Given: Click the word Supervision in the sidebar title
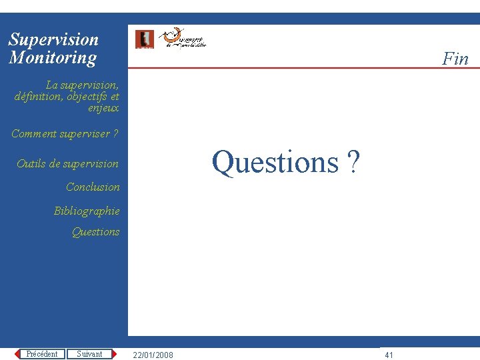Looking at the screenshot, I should [53, 40].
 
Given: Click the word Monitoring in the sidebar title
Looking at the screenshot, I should [53, 58].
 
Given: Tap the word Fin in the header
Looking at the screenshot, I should [455, 59].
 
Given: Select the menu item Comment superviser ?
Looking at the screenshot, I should [65, 134].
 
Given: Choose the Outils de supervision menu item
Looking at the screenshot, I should [67, 164].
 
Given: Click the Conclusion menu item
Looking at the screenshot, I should [93, 187].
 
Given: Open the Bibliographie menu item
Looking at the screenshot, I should [87, 211].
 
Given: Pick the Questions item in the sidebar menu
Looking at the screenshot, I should [95, 232].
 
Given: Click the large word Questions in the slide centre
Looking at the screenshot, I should [275, 162].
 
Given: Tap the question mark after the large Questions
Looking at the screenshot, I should [353, 162].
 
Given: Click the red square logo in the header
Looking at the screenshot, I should [144, 39].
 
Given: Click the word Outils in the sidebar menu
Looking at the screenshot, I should [31, 164].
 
